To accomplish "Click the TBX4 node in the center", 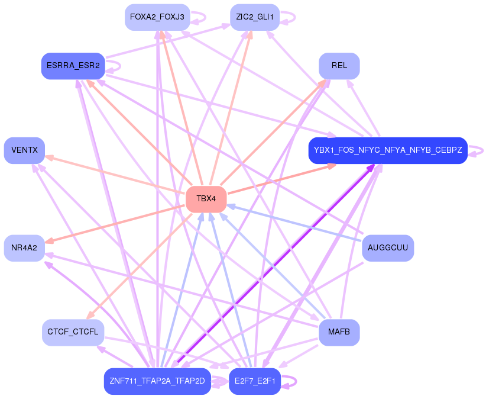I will [x=206, y=199].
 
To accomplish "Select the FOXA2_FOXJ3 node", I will [x=157, y=17].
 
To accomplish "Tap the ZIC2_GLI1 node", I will [x=254, y=17].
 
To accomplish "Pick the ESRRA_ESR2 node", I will [x=73, y=66].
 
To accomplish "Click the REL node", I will [x=339, y=66].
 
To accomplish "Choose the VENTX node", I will [x=24, y=150].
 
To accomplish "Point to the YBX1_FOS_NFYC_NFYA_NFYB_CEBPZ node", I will [x=388, y=150].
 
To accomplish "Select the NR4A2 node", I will [x=24, y=247].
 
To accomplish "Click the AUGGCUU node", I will [x=387, y=247].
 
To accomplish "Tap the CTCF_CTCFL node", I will [x=73, y=332].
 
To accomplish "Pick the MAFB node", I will [x=339, y=332].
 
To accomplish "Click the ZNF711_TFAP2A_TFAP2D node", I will [x=157, y=381].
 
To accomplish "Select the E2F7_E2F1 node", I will [x=254, y=381].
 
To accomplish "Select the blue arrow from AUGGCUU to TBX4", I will [x=296, y=223].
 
